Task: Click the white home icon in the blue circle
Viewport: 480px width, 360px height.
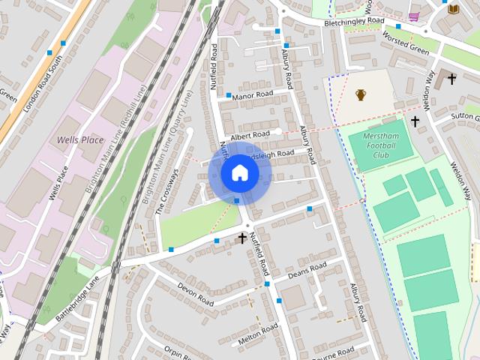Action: tap(239, 172)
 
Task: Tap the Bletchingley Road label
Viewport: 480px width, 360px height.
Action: tap(354, 22)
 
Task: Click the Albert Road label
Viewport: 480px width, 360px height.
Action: tap(250, 136)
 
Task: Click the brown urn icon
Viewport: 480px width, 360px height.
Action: tap(361, 95)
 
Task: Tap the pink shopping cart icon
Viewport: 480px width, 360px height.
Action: tap(413, 16)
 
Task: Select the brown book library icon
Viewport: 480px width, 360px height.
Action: tap(453, 9)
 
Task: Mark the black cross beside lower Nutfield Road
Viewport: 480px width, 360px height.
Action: tap(242, 238)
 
